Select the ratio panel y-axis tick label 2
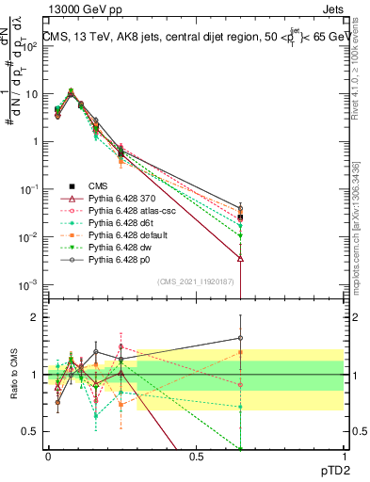point(34,317)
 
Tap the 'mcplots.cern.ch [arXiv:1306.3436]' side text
point(355,221)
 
